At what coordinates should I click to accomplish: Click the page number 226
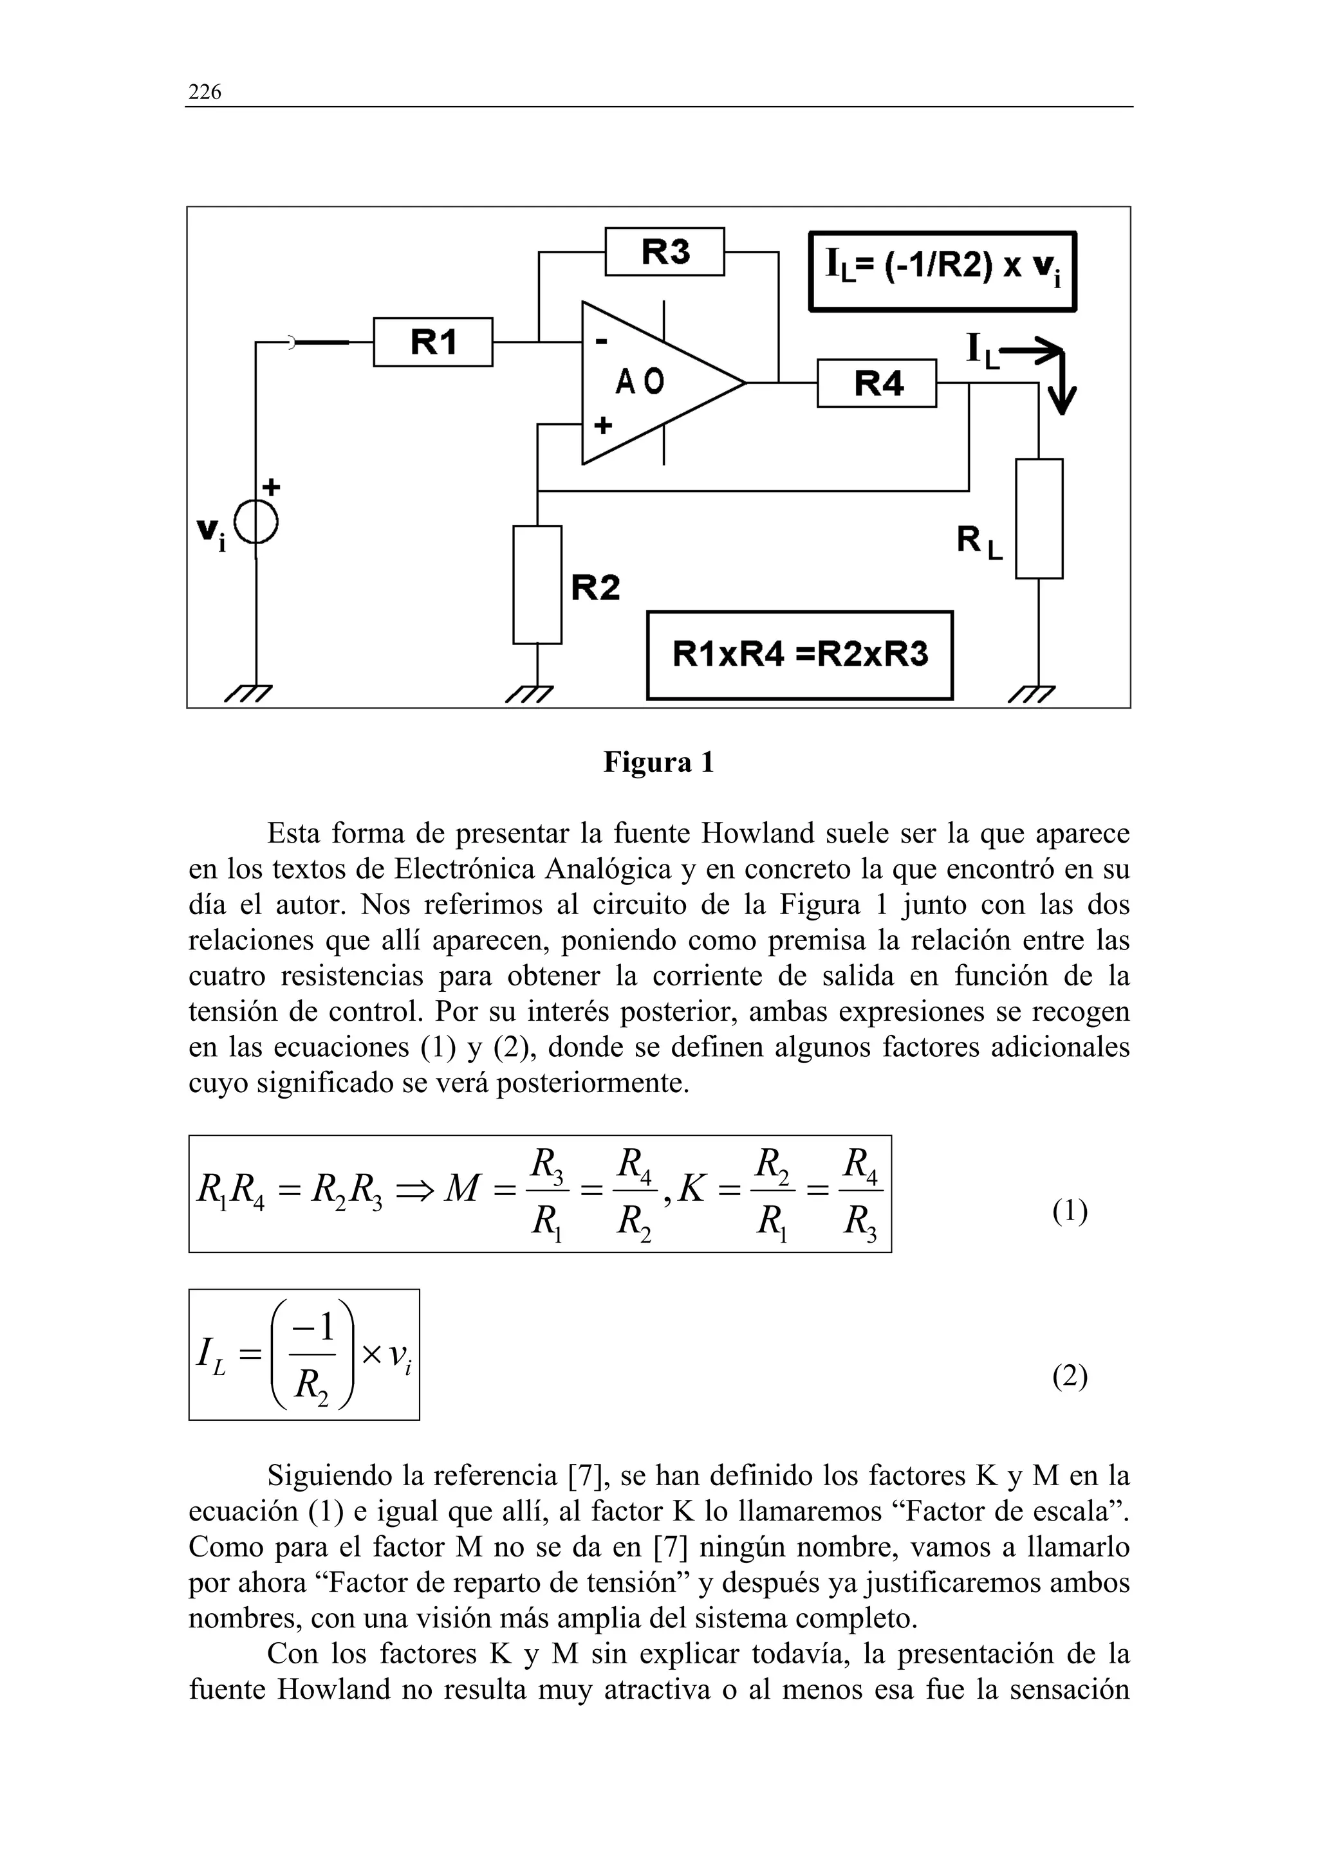pos(205,92)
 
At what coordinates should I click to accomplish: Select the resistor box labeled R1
pos(433,342)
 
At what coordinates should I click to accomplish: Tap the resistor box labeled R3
pos(664,251)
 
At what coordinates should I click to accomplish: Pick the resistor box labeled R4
pos(877,383)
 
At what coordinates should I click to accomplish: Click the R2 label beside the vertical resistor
pos(595,587)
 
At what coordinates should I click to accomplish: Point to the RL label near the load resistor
pos(979,542)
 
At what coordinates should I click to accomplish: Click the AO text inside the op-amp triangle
pos(639,381)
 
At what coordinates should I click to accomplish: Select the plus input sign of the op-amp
pos(602,425)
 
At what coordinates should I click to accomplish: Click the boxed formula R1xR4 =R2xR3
pos(799,654)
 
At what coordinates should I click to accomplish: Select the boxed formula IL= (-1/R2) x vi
pos(942,271)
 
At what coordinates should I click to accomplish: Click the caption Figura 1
pos(658,762)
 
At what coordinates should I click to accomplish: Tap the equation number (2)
pos(1070,1376)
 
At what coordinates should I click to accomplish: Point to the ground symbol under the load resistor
pos(1033,693)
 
